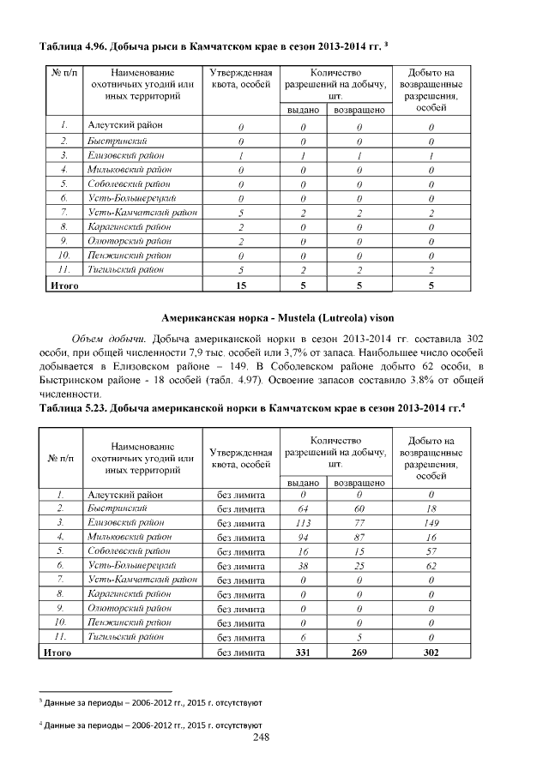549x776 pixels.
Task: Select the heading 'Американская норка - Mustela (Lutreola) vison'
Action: coord(274,317)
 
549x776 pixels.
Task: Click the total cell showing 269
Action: coord(359,653)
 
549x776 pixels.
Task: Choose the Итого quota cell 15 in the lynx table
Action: coord(241,286)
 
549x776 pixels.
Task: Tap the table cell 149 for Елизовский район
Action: coord(431,522)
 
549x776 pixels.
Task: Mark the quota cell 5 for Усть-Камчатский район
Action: coord(241,213)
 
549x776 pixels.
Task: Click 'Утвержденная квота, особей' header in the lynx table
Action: coord(241,80)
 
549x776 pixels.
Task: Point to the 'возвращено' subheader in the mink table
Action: coord(359,483)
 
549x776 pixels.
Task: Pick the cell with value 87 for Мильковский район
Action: coord(359,537)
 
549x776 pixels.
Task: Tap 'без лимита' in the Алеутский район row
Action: coord(241,494)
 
